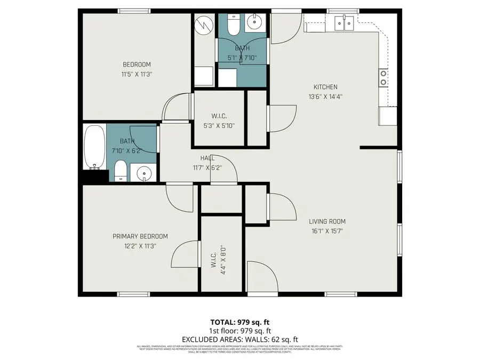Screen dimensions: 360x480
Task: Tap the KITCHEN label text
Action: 325,87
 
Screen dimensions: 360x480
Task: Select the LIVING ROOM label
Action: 327,221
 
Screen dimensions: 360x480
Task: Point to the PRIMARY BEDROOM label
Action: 140,236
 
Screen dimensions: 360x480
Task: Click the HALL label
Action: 207,158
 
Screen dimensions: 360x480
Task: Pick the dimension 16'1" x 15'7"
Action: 327,231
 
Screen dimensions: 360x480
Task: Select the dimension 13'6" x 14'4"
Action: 325,97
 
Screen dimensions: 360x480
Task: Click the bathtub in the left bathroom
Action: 94,147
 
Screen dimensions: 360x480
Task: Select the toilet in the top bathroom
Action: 234,25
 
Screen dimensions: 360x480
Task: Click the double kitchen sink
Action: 344,23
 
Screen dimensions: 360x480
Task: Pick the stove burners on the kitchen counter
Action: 383,78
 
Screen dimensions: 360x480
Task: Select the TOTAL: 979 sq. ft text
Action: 239,322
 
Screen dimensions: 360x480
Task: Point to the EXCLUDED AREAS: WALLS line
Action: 239,339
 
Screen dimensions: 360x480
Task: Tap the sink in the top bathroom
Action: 255,23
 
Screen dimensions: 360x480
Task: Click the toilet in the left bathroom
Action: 121,171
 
